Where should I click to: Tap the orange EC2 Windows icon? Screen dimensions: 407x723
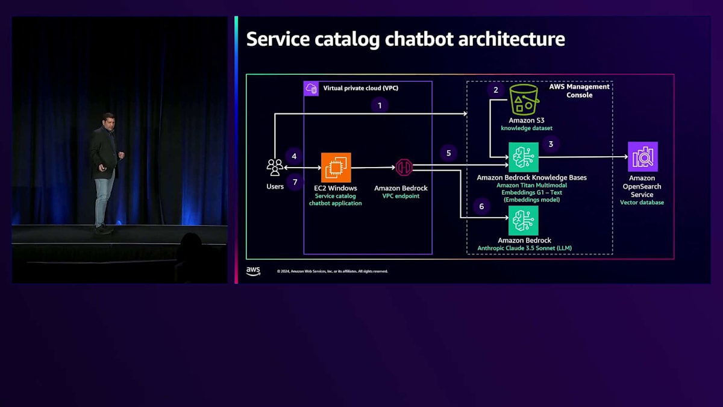(x=336, y=168)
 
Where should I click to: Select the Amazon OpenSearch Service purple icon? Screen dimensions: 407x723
(x=642, y=157)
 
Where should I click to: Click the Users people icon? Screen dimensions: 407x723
(x=275, y=167)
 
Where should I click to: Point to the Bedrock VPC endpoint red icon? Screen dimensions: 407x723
(x=404, y=168)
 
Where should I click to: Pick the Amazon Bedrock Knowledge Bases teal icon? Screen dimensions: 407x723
(x=523, y=157)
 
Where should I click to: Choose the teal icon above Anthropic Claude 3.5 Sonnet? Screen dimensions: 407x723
(x=523, y=220)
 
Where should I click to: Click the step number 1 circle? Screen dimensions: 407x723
(x=380, y=106)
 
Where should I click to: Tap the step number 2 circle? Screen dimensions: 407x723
(x=496, y=90)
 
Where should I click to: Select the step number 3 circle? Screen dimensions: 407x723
(x=550, y=144)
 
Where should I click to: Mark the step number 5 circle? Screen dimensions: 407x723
(x=448, y=153)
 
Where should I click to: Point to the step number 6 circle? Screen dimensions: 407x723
(x=481, y=207)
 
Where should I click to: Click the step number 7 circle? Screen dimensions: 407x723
(x=295, y=181)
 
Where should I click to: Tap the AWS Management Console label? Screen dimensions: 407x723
(x=579, y=90)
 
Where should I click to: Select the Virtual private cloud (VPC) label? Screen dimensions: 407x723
(x=360, y=88)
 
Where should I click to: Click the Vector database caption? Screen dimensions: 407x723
(x=642, y=203)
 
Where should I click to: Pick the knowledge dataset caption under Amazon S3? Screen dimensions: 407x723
(x=526, y=128)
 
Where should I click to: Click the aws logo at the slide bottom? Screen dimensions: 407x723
(x=253, y=271)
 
